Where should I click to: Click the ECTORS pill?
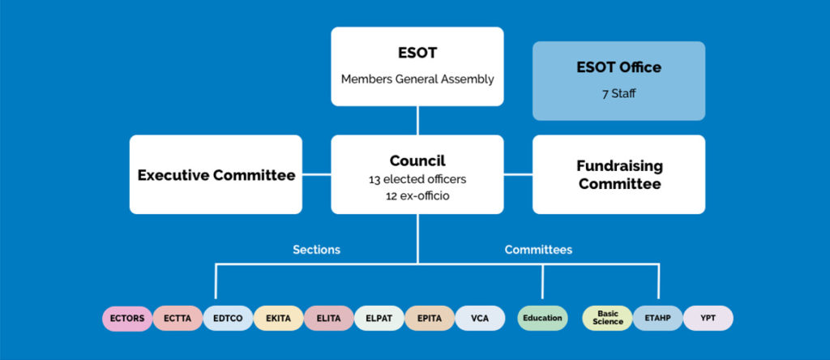tap(127, 318)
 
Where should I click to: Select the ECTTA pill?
tap(178, 318)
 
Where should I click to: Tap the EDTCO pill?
tap(228, 318)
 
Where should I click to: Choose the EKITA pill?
tap(278, 318)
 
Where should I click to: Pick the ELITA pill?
tap(328, 318)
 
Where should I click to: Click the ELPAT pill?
tap(379, 318)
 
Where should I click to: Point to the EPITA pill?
tap(429, 318)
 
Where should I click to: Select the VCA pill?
tap(479, 318)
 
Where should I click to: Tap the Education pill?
tap(542, 318)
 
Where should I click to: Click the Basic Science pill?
tap(608, 318)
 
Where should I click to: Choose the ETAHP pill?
tap(657, 318)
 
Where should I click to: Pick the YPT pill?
tap(708, 318)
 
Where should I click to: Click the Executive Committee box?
tap(216, 174)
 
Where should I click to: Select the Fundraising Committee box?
tap(618, 174)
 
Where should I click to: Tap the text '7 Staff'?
tap(618, 93)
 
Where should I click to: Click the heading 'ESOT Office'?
tap(618, 67)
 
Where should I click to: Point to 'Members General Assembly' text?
tap(417, 79)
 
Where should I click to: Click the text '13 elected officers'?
tap(417, 179)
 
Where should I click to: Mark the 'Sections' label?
tap(316, 250)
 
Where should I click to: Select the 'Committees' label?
tap(538, 250)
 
